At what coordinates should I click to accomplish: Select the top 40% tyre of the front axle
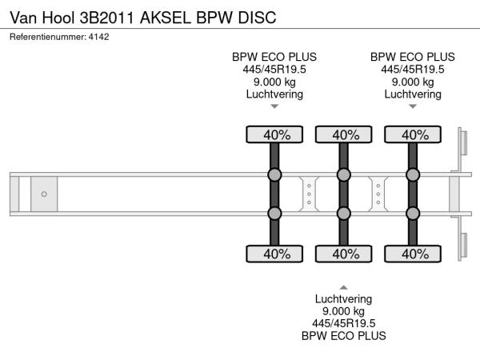pyautogui.click(x=274, y=134)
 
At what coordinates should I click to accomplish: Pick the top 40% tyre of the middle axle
pyautogui.click(x=344, y=134)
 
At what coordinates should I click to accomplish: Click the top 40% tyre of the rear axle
pyautogui.click(x=414, y=134)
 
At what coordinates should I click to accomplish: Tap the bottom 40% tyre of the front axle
pyautogui.click(x=274, y=254)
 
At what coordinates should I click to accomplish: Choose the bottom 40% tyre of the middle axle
pyautogui.click(x=344, y=254)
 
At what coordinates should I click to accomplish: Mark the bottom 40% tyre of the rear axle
pyautogui.click(x=414, y=254)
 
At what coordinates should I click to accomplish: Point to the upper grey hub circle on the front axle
pyautogui.click(x=274, y=175)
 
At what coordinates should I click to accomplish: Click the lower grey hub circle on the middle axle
pyautogui.click(x=344, y=213)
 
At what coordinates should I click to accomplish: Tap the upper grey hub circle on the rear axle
pyautogui.click(x=414, y=175)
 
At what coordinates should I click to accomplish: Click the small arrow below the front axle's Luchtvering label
pyautogui.click(x=274, y=106)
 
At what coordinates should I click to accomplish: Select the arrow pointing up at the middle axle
pyautogui.click(x=344, y=286)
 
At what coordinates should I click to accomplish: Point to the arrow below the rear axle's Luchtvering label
pyautogui.click(x=413, y=106)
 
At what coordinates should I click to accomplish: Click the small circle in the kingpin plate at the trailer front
pyautogui.click(x=44, y=194)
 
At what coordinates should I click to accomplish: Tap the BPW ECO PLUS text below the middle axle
pyautogui.click(x=344, y=336)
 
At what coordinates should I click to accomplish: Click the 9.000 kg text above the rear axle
pyautogui.click(x=413, y=82)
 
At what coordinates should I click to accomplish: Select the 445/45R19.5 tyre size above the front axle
pyautogui.click(x=274, y=69)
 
